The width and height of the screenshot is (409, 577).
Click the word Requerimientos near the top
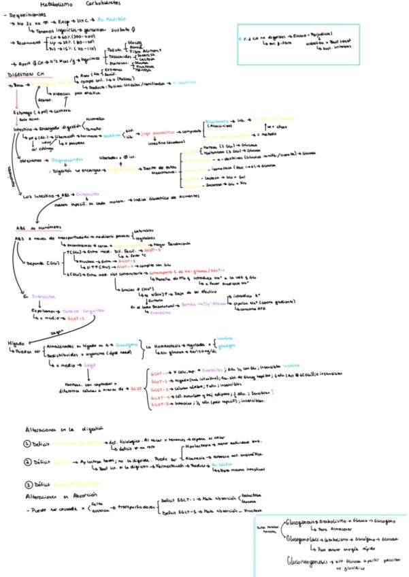(x=26, y=14)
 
